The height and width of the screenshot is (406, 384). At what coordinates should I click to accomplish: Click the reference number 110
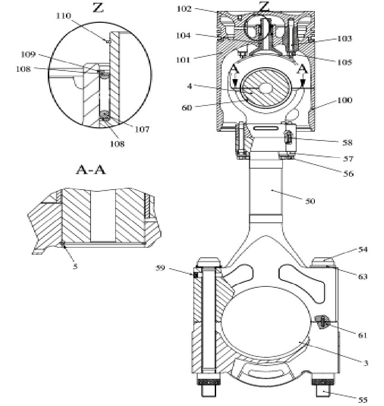(63, 15)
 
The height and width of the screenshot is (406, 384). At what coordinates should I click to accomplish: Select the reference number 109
(28, 54)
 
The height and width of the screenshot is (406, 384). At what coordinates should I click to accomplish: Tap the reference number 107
(141, 129)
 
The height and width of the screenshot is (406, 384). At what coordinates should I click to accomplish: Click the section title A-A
(90, 170)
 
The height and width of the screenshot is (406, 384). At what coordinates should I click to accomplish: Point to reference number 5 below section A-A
(76, 266)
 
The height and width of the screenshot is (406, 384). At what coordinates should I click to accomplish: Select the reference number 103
(344, 39)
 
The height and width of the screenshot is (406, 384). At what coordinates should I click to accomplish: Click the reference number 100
(344, 100)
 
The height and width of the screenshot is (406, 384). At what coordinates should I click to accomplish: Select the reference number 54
(363, 249)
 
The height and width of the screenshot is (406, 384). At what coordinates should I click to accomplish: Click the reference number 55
(362, 400)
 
